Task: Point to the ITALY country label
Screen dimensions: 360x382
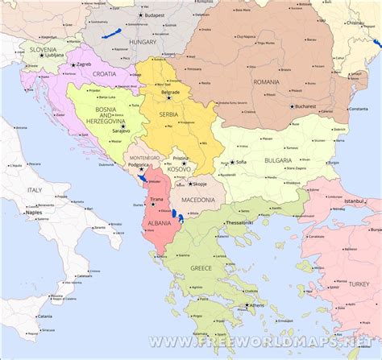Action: coord(35,188)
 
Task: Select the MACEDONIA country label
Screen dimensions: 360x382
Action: coord(197,199)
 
